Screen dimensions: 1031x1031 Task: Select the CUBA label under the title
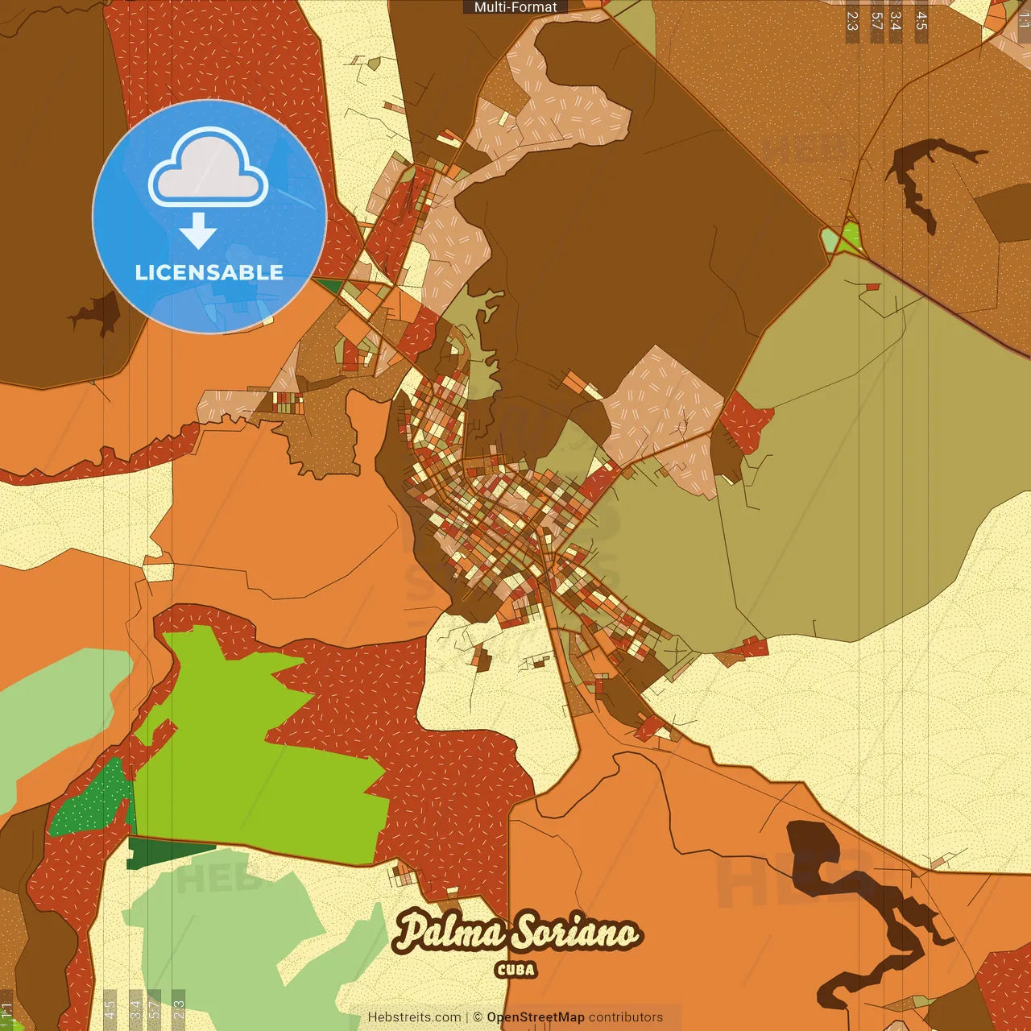pos(515,970)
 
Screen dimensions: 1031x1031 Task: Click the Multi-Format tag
pos(515,7)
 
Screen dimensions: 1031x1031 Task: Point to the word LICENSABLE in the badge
pos(209,272)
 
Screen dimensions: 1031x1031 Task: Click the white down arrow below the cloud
pos(198,230)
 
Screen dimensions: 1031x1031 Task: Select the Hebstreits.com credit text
pos(414,1017)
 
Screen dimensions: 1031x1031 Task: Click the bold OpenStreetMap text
pos(535,1017)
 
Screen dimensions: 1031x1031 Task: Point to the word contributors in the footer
pos(626,1017)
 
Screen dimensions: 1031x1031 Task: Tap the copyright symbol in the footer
pos(477,1017)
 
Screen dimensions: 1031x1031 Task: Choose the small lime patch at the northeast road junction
pos(851,237)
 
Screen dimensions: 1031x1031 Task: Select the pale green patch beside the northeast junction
pos(830,239)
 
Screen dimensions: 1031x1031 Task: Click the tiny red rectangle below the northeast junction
pos(872,286)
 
